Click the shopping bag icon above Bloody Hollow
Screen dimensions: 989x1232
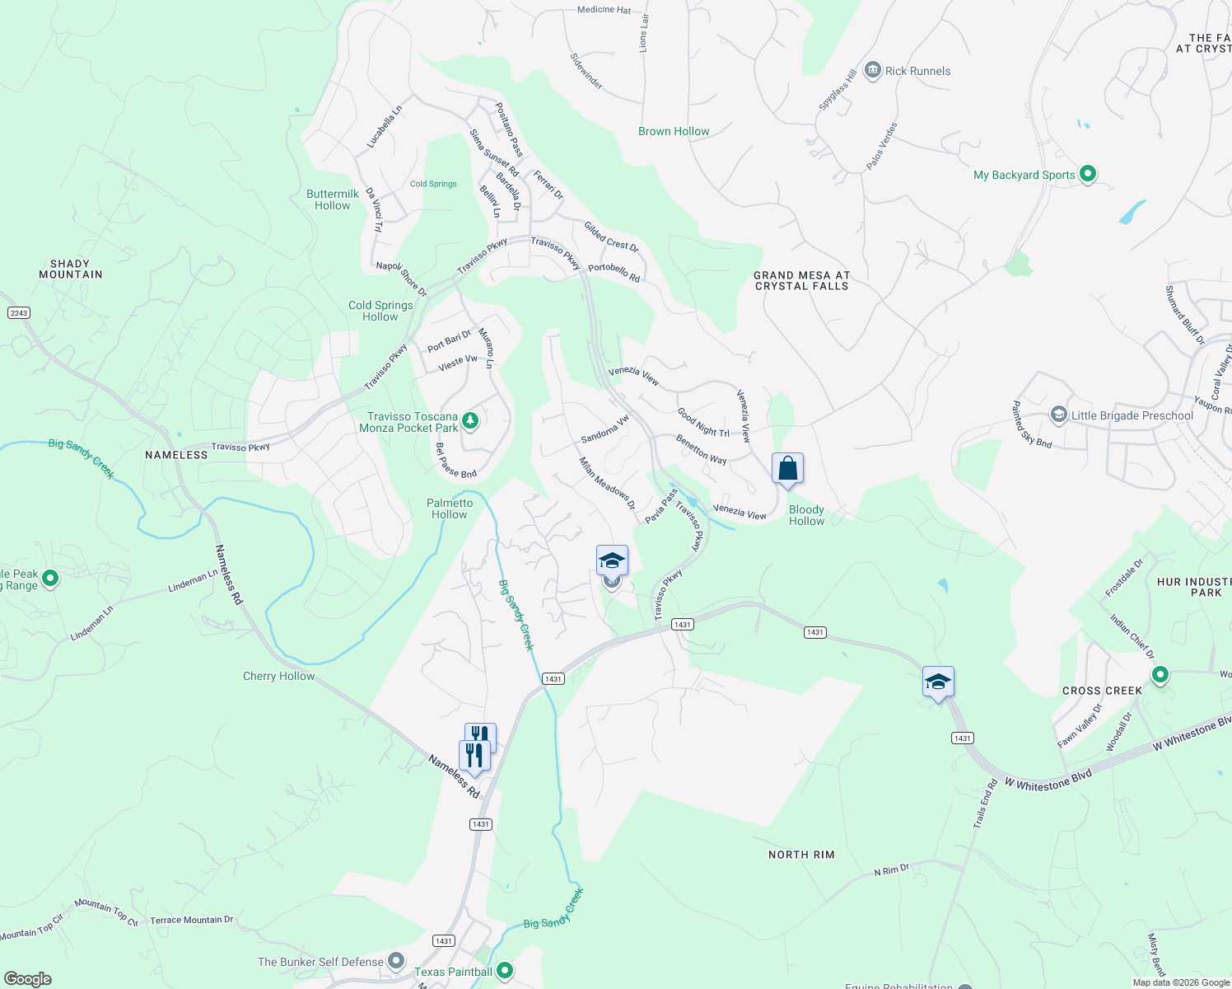(x=787, y=468)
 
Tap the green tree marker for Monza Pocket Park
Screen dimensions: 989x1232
(x=470, y=421)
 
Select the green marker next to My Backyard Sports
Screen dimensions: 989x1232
(x=1088, y=174)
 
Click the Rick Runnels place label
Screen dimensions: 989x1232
(x=917, y=71)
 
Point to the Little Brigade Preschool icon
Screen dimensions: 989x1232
(x=1058, y=415)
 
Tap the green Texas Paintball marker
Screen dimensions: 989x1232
(x=505, y=971)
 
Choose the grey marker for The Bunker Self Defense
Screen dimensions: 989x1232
(x=396, y=961)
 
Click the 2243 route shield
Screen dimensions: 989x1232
(x=18, y=312)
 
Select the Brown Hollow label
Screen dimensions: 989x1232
(x=674, y=131)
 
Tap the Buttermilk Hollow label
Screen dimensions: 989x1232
(x=333, y=199)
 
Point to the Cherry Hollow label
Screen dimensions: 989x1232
(x=278, y=676)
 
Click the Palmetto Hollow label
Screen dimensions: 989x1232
(x=450, y=509)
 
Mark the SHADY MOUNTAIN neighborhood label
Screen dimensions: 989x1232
(x=71, y=270)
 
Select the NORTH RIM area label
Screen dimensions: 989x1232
(x=801, y=855)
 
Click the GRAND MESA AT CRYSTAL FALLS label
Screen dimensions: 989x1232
(x=801, y=281)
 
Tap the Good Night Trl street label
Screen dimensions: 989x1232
(x=703, y=421)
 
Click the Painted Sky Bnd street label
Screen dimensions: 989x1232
(x=1032, y=424)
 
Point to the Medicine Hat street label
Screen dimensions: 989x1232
(x=604, y=10)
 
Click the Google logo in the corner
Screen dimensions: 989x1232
(x=28, y=978)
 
